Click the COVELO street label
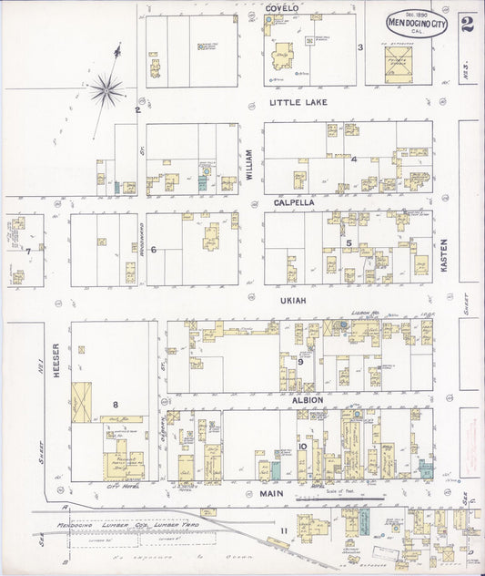pyautogui.click(x=283, y=8)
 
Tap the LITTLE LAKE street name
pyautogui.click(x=298, y=103)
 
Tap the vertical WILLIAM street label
pyautogui.click(x=248, y=163)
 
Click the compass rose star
pyautogui.click(x=106, y=89)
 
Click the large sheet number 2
pyautogui.click(x=467, y=25)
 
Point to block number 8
pyautogui.click(x=116, y=404)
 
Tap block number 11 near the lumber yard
pyautogui.click(x=284, y=531)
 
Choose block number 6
pyautogui.click(x=154, y=249)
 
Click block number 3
pyautogui.click(x=360, y=47)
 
